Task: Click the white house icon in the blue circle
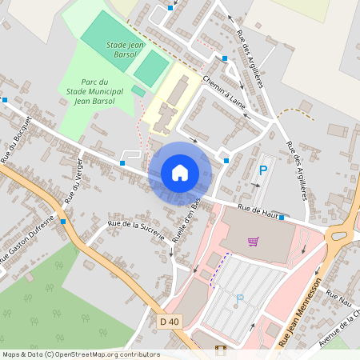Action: tap(180, 172)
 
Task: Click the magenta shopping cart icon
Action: tap(254, 242)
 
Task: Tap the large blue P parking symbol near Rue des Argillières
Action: tap(263, 170)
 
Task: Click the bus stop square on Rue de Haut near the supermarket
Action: tap(282, 217)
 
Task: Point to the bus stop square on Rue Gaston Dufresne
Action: tap(62, 221)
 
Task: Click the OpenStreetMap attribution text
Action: tap(80, 354)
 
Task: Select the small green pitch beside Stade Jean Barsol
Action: tap(138, 91)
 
